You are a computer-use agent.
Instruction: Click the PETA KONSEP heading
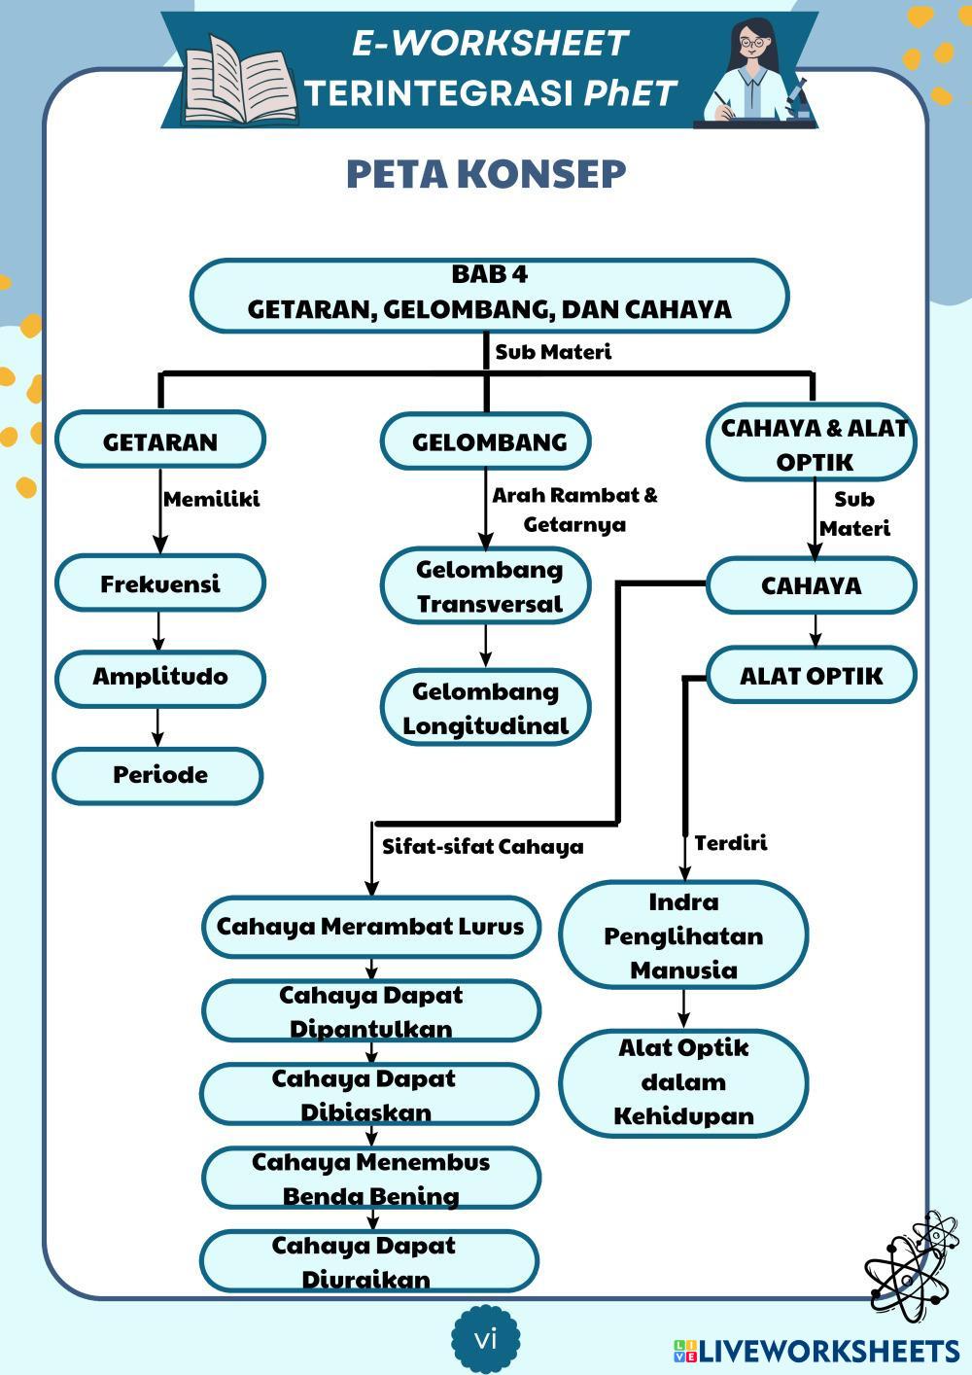486,174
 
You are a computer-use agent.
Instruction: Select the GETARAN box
160,441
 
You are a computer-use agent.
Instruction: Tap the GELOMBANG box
487,441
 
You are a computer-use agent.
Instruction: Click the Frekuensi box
160,583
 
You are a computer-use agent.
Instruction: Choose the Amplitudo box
160,677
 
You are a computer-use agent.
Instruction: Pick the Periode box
158,775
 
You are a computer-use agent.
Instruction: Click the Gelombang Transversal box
487,585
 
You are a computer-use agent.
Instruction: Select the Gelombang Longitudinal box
486,708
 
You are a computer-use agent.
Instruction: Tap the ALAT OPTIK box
811,676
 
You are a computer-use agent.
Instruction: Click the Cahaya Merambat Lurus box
370,926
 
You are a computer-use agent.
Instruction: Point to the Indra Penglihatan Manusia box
683,935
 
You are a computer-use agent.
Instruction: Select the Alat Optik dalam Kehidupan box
683,1081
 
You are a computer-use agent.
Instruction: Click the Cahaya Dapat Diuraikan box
369,1261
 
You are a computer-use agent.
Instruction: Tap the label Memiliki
211,500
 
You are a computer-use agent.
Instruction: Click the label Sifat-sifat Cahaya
482,847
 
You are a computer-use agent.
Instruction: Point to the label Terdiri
730,843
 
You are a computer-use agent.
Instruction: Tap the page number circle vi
485,1339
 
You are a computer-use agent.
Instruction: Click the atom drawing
910,1263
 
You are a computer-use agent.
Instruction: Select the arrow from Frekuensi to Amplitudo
158,631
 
